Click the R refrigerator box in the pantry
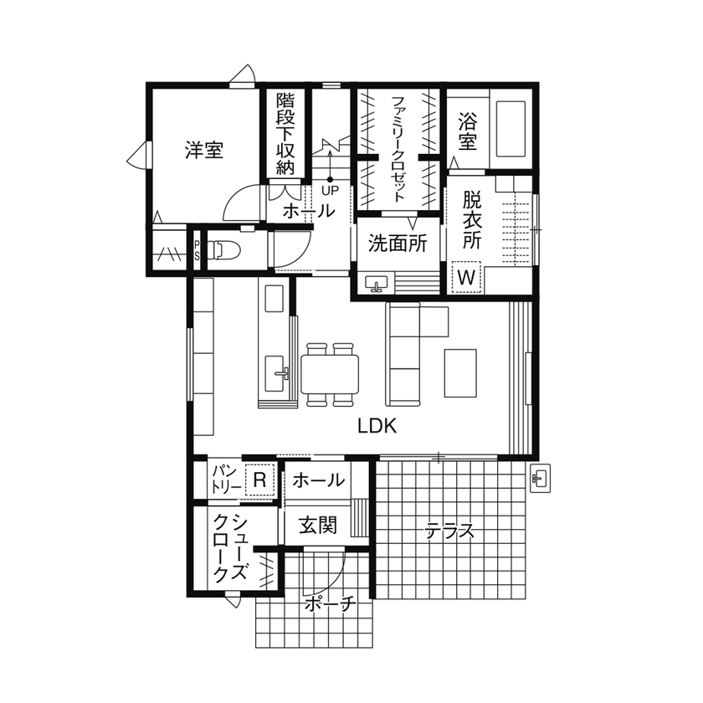(259, 480)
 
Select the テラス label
(449, 531)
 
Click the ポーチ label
(331, 603)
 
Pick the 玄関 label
(318, 526)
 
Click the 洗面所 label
(398, 244)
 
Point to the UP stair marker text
(330, 191)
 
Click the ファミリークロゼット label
(398, 147)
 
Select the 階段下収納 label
(285, 134)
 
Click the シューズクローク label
(230, 547)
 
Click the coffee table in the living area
(461, 372)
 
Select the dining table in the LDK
(331, 374)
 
